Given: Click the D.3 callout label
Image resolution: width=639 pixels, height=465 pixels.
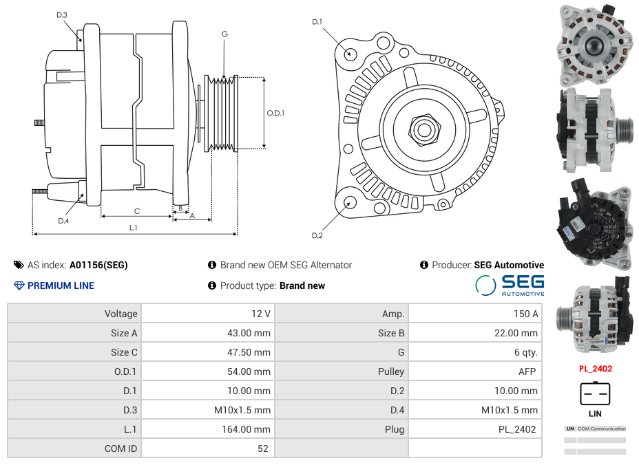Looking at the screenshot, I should tap(62, 14).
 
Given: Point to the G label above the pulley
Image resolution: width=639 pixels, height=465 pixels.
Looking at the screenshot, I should tap(225, 34).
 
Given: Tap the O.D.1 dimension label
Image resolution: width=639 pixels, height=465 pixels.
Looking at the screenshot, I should tap(275, 113).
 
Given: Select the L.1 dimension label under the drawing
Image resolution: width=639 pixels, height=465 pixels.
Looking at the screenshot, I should tap(133, 227).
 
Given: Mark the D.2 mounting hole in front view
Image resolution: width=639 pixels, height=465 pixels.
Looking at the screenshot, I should tap(349, 202).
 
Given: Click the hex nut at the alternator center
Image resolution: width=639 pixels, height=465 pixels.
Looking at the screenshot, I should tap(423, 128).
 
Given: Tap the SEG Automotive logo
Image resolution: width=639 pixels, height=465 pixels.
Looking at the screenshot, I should tap(510, 285).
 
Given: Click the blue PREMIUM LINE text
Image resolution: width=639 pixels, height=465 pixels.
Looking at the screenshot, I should tap(61, 285).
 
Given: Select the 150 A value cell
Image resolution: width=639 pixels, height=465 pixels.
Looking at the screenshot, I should tap(474, 314).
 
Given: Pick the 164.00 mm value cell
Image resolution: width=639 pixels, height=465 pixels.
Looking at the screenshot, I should tap(207, 429).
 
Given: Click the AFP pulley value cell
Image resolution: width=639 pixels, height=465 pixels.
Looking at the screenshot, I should tap(474, 371).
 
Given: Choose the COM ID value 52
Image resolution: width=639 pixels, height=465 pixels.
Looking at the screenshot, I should tap(207, 448).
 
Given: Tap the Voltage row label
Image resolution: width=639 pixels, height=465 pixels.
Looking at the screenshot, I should tap(74, 314).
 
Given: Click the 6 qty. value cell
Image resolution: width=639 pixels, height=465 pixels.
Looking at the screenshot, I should tap(474, 352).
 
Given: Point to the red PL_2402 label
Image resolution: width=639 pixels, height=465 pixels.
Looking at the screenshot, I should tap(595, 369).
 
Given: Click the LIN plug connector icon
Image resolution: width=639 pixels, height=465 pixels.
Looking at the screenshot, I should tap(595, 394).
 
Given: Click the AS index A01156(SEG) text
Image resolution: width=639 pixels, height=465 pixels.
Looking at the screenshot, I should tap(98, 265).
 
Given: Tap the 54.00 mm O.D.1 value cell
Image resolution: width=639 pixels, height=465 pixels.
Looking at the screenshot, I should tap(207, 371).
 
